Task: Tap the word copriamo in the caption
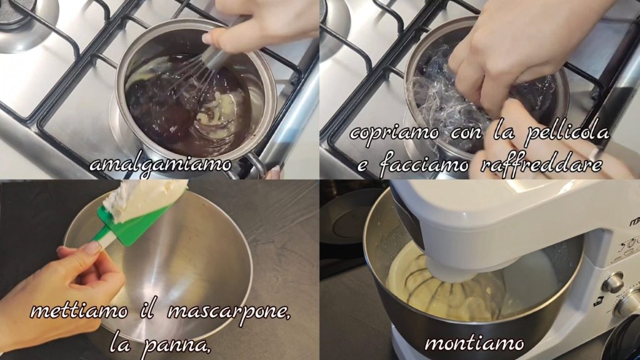394,134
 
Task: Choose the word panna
176,346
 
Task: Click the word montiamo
474,344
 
